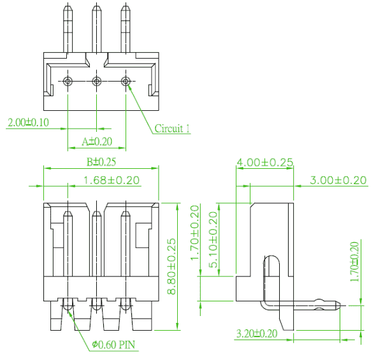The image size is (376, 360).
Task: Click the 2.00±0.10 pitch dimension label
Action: tap(28, 122)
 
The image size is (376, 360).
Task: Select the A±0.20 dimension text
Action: tap(97, 141)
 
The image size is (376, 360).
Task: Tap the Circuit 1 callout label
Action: tap(172, 129)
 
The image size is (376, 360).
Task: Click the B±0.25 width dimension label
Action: tap(101, 162)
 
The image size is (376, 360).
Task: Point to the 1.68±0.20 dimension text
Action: tap(112, 180)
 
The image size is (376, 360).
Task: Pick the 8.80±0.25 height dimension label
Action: tap(171, 266)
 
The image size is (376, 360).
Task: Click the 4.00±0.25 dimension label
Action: tap(264, 162)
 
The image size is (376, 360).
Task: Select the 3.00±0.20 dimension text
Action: tap(338, 180)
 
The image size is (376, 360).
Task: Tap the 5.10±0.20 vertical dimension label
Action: tap(213, 240)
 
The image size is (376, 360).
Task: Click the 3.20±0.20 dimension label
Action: tap(257, 334)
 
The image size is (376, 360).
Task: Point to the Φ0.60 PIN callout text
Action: tap(113, 345)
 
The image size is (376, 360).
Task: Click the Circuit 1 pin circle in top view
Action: tap(125, 82)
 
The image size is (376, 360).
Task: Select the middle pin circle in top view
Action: tap(96, 82)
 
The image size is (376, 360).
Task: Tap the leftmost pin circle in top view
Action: tap(68, 82)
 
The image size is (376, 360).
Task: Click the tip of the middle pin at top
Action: tap(96, 5)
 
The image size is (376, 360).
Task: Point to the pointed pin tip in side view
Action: tap(340, 306)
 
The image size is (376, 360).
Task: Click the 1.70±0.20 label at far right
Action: tap(355, 262)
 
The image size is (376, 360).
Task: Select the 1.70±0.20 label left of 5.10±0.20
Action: tap(195, 233)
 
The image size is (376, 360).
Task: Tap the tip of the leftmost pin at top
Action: tap(68, 6)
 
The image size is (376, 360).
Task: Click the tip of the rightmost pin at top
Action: tap(125, 6)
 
